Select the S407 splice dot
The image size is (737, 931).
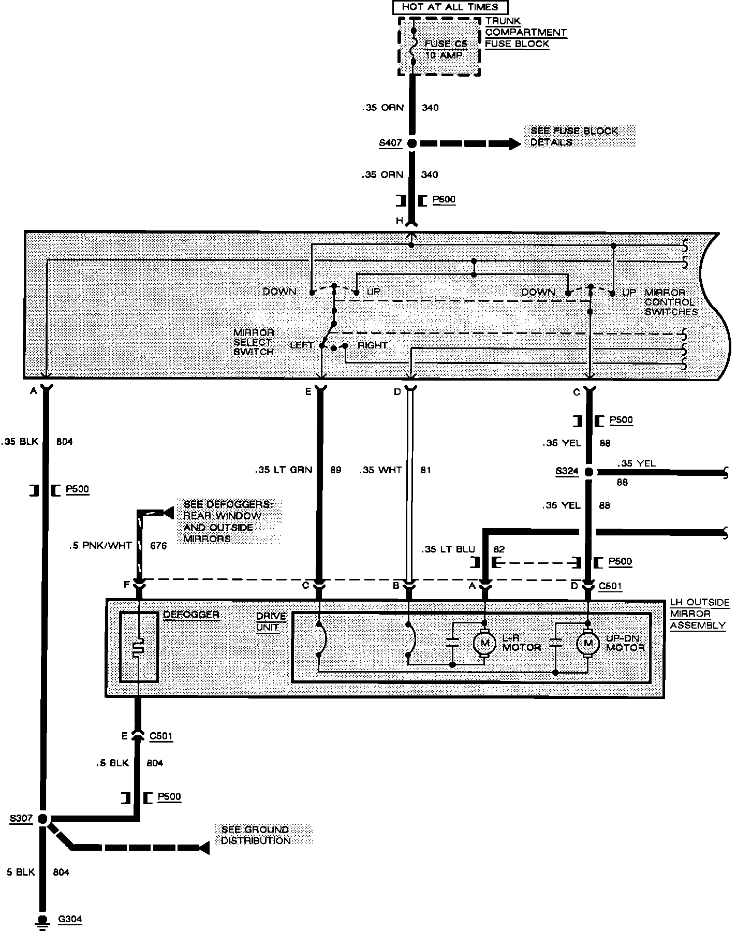[412, 143]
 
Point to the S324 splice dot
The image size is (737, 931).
[588, 472]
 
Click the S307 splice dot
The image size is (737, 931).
[43, 819]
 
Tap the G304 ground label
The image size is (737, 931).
[69, 920]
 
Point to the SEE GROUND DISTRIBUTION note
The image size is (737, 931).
[255, 835]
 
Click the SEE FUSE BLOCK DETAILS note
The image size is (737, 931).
[574, 137]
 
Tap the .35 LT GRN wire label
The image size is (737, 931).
[284, 470]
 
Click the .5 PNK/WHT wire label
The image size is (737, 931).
[100, 545]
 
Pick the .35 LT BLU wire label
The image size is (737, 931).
[448, 549]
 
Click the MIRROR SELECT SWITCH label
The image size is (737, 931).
[253, 342]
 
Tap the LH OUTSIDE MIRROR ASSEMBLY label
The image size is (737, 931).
[699, 614]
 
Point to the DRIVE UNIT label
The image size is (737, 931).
[271, 621]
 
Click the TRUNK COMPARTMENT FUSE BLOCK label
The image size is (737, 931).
[525, 32]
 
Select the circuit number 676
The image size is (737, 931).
[158, 545]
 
